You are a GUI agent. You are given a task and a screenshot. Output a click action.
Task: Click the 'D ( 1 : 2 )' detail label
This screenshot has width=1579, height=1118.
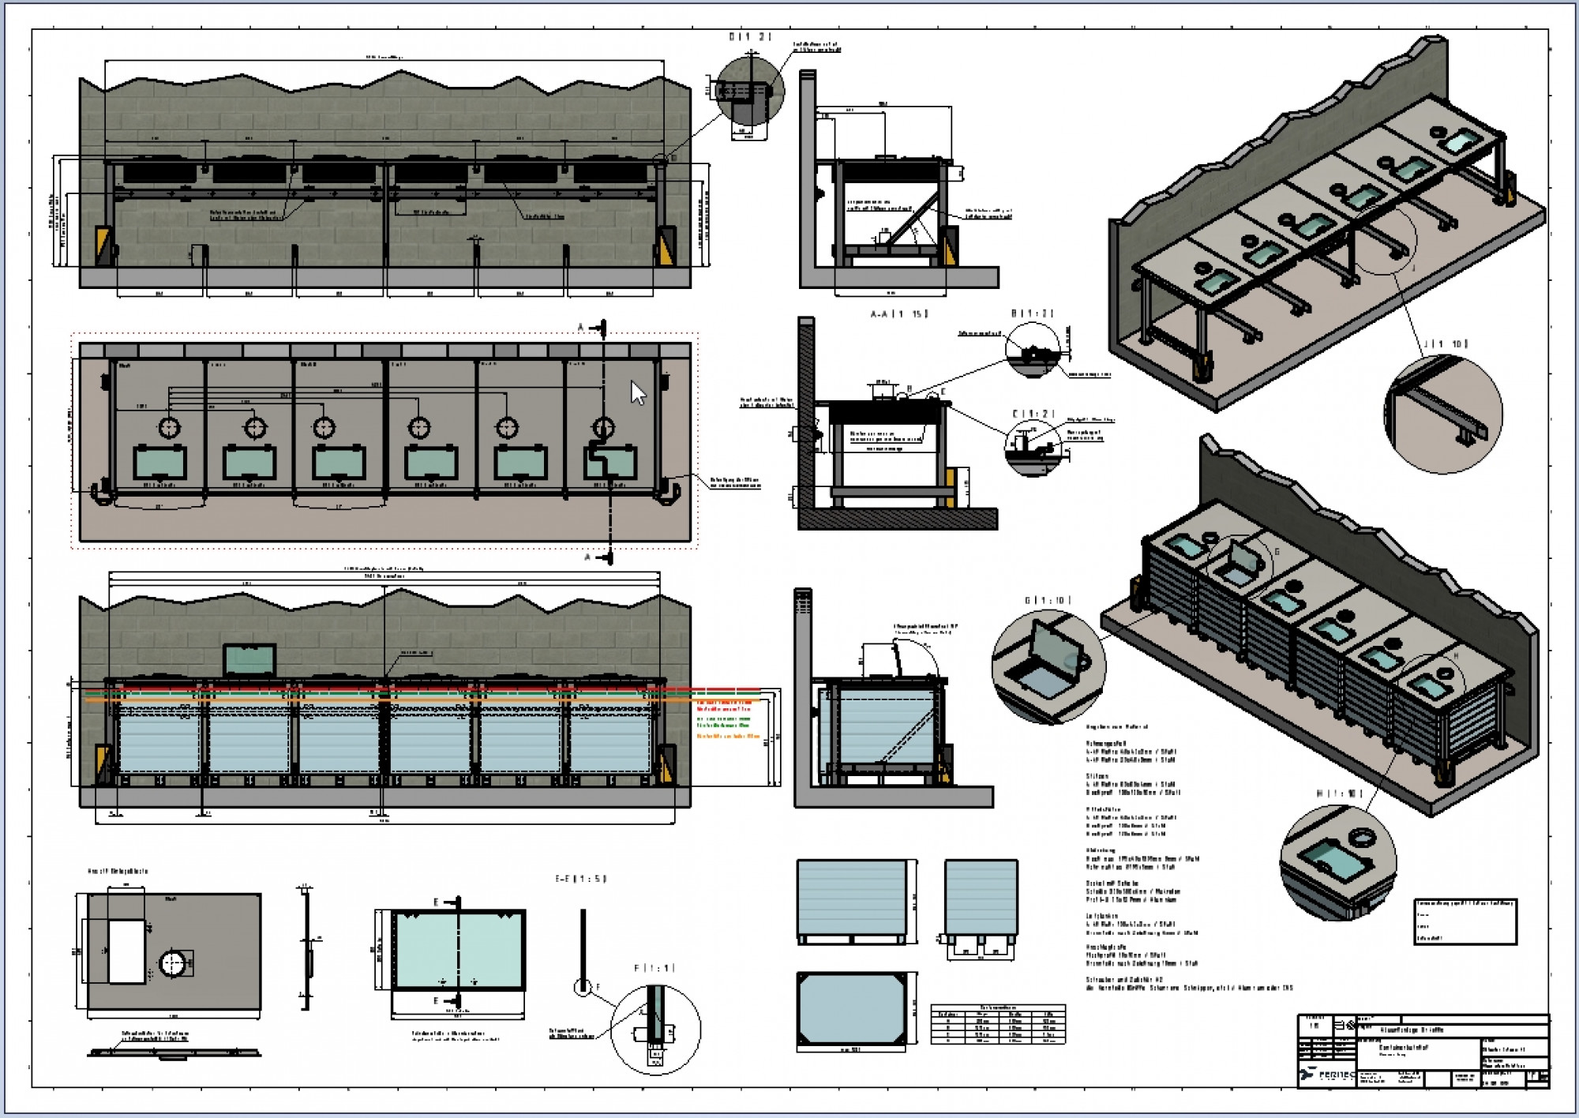tap(749, 37)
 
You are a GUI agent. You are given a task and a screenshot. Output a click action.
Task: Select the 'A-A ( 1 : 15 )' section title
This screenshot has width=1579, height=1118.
tap(899, 314)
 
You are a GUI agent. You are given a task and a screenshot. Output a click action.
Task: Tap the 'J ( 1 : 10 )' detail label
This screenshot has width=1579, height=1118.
tap(1446, 343)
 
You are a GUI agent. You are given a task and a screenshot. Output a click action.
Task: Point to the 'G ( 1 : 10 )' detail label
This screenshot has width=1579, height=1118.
tap(1048, 601)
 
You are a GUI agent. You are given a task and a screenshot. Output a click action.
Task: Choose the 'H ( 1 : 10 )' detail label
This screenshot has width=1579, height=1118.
tap(1339, 793)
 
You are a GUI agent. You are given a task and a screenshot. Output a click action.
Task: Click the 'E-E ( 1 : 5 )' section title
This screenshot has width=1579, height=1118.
tap(581, 879)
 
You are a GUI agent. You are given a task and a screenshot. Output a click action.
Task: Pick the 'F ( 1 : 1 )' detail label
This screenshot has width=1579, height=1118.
tap(654, 968)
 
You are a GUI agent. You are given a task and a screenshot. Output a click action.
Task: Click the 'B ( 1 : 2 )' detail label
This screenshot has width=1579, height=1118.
tap(1033, 313)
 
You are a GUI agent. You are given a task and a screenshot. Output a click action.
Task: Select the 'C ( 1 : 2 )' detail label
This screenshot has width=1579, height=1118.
tap(1033, 414)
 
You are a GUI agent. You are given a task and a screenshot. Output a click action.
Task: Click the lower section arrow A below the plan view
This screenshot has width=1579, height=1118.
tap(602, 557)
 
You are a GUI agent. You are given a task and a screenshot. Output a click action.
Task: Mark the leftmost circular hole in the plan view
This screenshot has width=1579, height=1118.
tap(170, 427)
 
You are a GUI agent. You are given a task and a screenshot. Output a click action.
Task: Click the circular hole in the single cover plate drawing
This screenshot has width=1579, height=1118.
tap(173, 963)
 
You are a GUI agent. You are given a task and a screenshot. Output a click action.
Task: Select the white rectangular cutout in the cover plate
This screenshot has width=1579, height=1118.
tap(126, 951)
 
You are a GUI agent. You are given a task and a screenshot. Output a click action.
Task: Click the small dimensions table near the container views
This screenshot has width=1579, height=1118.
tap(998, 1024)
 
